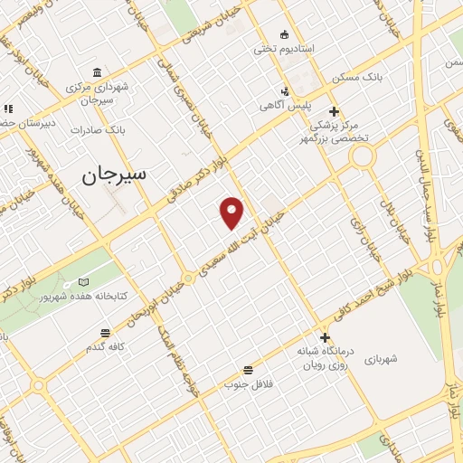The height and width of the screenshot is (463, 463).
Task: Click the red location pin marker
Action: coord(233,213)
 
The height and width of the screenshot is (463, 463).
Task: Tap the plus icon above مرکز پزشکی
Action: coord(334,112)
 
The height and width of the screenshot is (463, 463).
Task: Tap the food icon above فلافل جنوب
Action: coord(247,369)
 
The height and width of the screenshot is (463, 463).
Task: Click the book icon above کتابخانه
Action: coord(83,282)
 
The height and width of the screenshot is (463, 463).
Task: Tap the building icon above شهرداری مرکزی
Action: coord(97,73)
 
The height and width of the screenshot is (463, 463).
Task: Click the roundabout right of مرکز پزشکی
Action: coord(364,156)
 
